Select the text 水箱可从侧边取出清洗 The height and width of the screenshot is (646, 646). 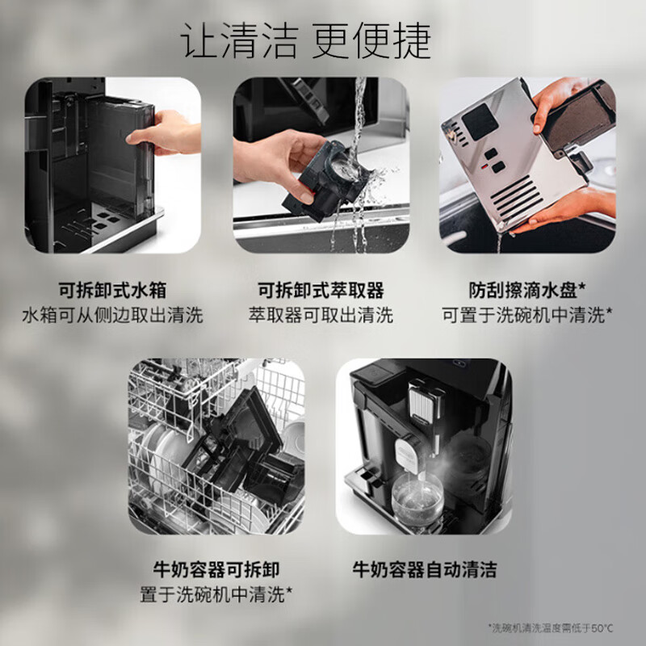point(112,315)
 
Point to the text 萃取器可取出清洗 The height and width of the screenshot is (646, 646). point(321,315)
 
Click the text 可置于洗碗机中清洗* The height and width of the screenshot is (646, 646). point(528,315)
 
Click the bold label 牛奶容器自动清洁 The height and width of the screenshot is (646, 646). point(424,570)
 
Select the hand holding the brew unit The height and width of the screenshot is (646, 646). point(275,157)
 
